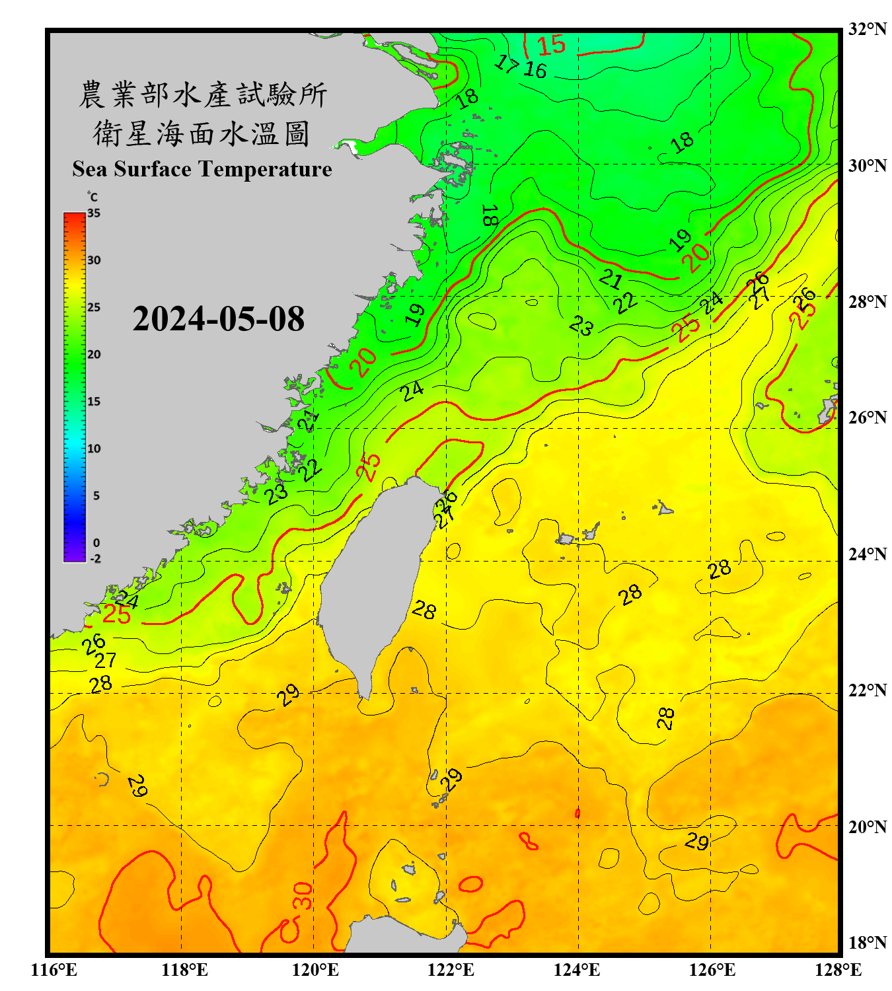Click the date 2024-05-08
218,319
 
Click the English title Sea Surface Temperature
202,169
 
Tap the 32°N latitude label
867,29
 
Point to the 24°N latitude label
867,554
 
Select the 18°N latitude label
867,942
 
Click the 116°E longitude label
54,970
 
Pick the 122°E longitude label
451,970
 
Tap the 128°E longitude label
838,970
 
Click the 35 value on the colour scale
94,213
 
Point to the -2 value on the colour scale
95,559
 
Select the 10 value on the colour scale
94,449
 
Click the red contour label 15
551,45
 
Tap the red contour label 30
303,895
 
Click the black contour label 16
535,69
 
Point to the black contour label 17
507,63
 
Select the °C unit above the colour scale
93,197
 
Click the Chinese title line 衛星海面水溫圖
202,133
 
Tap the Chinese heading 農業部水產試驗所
202,94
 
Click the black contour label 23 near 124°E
581,325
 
